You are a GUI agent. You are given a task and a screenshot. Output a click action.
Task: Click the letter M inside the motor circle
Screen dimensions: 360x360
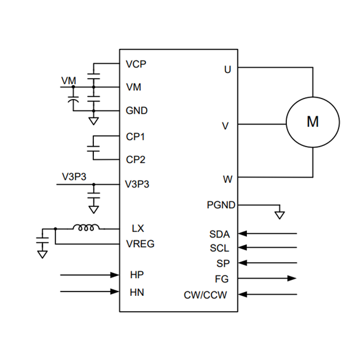(x=313, y=121)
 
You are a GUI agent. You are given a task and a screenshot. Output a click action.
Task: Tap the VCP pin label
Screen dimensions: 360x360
(x=136, y=64)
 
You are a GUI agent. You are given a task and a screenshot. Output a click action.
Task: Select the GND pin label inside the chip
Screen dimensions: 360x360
(x=137, y=110)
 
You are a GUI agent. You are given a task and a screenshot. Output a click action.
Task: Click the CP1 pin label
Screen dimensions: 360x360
(x=135, y=137)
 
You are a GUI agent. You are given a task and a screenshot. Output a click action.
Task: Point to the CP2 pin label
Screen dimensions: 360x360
(x=135, y=159)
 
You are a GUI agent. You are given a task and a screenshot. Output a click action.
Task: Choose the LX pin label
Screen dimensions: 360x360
(x=138, y=229)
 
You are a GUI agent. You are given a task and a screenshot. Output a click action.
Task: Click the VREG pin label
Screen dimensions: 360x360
(x=140, y=244)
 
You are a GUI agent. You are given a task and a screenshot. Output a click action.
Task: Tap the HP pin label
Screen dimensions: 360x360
(x=137, y=275)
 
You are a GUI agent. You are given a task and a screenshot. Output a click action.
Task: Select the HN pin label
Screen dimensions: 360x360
(x=137, y=293)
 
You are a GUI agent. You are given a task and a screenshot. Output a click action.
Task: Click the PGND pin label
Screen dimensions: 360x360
(x=221, y=205)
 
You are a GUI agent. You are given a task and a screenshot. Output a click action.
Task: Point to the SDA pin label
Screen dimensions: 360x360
(x=220, y=234)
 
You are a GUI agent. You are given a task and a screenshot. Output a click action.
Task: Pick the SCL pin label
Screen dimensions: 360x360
(x=220, y=248)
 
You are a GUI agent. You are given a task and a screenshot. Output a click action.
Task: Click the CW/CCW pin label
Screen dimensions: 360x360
(x=205, y=295)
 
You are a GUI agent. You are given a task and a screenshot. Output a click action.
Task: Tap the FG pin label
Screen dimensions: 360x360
(x=222, y=279)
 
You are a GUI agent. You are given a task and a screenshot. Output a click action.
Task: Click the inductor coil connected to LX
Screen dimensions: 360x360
(x=86, y=227)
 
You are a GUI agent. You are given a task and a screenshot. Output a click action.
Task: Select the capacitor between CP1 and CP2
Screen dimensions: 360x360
(x=93, y=149)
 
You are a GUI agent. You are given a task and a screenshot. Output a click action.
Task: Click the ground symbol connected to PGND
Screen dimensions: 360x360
(x=279, y=215)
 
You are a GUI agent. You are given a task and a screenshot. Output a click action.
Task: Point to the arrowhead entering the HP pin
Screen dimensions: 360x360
(x=114, y=275)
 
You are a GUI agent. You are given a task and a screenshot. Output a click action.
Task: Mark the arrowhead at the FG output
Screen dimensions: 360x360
(x=292, y=278)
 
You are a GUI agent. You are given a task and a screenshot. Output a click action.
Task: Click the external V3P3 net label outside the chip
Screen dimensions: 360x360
(x=74, y=177)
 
